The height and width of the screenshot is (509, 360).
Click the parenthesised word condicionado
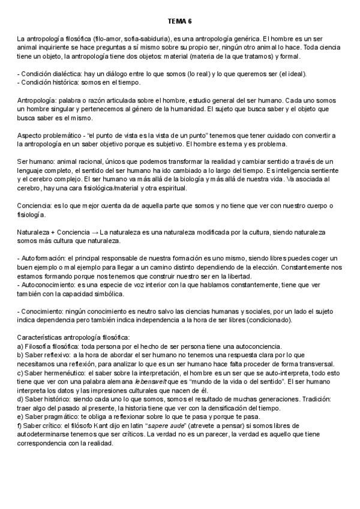pos(266,320)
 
